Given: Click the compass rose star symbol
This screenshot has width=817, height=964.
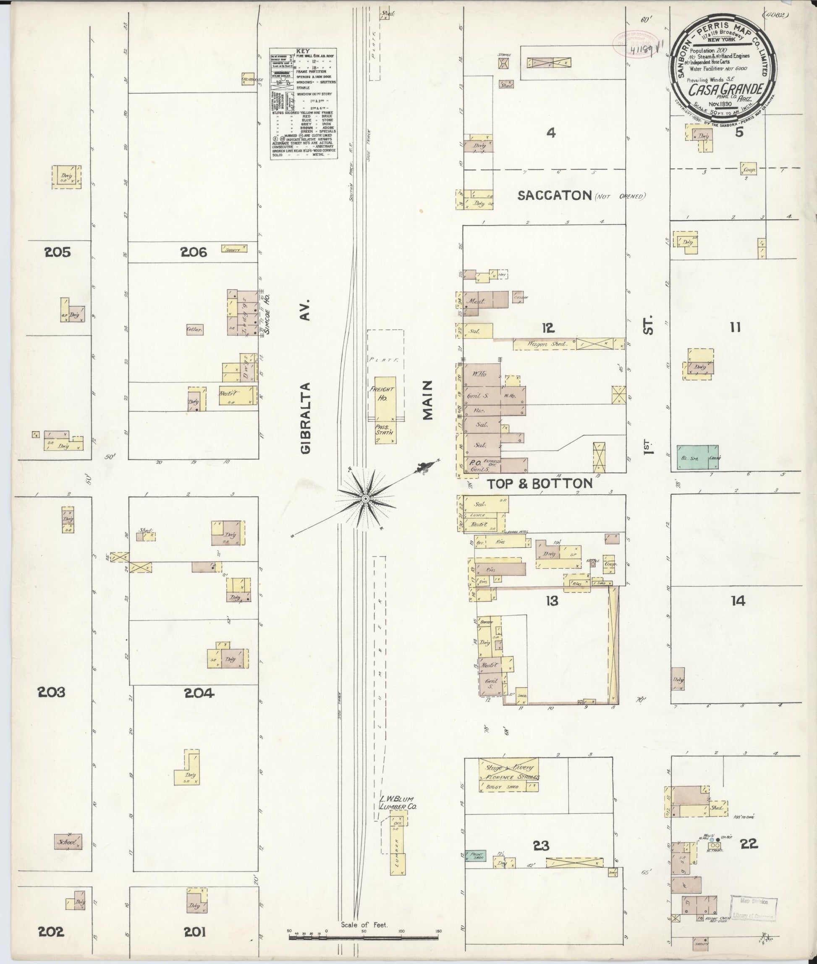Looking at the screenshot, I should pyautogui.click(x=365, y=498).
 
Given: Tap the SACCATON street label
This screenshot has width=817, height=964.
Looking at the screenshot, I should pyautogui.click(x=554, y=196).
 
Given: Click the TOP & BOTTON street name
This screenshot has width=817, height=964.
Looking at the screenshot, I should pyautogui.click(x=539, y=484).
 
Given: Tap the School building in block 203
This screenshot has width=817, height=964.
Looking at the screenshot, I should pyautogui.click(x=68, y=842).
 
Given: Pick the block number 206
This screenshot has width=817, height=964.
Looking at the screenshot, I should pyautogui.click(x=194, y=252).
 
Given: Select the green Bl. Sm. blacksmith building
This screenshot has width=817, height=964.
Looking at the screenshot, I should pyautogui.click(x=698, y=458).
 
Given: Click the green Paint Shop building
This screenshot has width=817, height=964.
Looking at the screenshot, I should pyautogui.click(x=475, y=855).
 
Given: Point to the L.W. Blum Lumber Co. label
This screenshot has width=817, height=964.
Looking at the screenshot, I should pyautogui.click(x=398, y=802).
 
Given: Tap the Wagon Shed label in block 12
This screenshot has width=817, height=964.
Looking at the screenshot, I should pyautogui.click(x=543, y=344).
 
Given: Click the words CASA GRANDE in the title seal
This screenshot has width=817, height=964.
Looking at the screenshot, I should pyautogui.click(x=725, y=89).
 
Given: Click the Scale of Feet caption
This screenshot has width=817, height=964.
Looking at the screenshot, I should pyautogui.click(x=364, y=925).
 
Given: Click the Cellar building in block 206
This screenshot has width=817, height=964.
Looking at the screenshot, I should pyautogui.click(x=194, y=329).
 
